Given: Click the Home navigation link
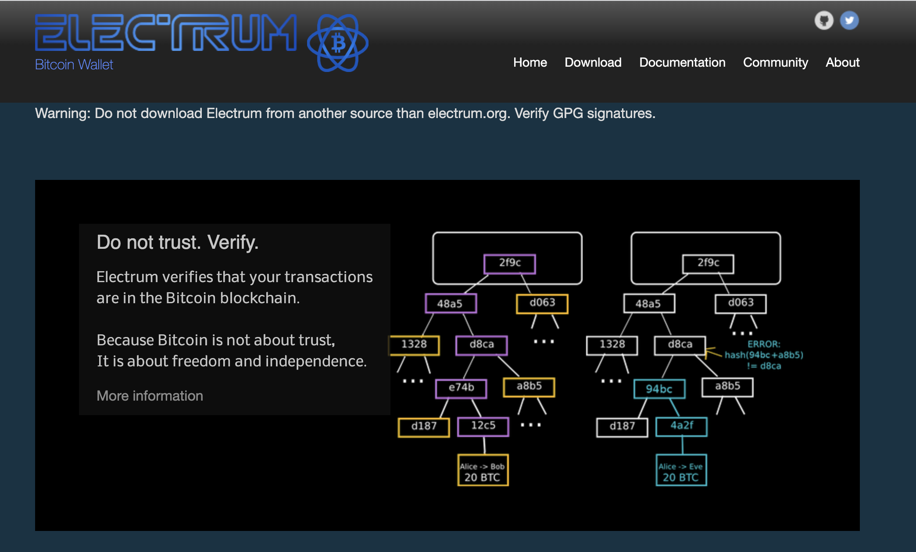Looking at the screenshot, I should point(530,62).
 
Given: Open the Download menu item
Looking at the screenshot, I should point(593,62).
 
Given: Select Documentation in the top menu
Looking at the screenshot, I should point(682,62).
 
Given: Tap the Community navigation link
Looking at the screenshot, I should point(775,62).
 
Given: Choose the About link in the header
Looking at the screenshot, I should point(842,62).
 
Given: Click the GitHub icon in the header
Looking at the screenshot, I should point(824,20).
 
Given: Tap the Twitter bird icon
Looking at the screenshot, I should point(849,20).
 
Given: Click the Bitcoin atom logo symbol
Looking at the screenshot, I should point(337,43).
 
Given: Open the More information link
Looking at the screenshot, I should point(150,396).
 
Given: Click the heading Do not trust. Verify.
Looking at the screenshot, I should point(177,242).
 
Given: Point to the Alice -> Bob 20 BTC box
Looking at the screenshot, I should point(483,470).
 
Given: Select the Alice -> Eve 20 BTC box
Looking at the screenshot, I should point(681,470).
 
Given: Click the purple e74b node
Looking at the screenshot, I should point(461,388).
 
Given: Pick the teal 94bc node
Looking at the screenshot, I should point(659,389).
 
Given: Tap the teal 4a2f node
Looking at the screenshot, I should point(681,426).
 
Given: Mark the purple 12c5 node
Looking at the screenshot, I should point(483,426).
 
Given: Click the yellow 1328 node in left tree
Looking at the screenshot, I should point(414,344).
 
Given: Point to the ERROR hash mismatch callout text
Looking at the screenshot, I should point(764,355).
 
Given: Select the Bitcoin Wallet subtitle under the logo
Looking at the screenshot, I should point(74,65).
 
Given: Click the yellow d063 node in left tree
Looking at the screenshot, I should point(542,303).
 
